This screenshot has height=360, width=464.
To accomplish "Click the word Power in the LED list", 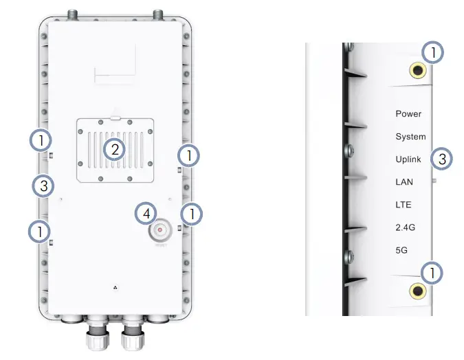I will point(408,113).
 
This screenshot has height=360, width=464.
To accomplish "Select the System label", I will point(410,137).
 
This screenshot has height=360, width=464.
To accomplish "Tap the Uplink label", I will point(409,159).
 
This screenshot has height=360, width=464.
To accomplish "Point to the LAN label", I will point(404,182).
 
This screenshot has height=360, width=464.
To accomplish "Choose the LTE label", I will point(403,205).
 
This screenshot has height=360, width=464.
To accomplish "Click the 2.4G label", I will point(405,227).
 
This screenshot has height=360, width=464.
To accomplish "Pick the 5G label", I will point(401,250).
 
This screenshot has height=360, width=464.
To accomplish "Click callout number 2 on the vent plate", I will point(114,149).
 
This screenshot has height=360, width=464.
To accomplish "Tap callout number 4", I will point(146,213).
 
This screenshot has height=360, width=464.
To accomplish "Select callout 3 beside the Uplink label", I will point(442,159).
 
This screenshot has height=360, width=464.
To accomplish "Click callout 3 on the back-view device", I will point(43,185).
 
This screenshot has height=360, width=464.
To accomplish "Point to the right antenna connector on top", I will point(158,14).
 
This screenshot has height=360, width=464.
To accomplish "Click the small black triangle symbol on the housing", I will point(114,287).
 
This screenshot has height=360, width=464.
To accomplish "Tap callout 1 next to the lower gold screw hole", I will point(432,273).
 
